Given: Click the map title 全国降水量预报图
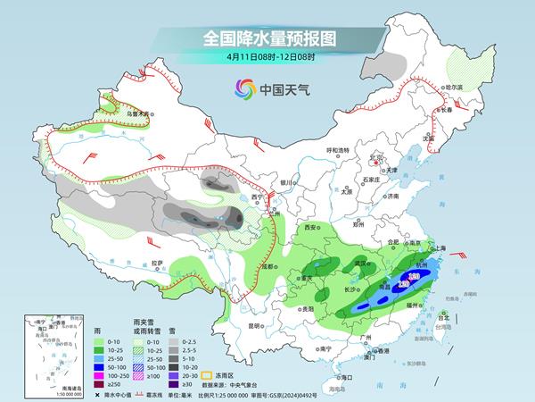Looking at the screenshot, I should (267, 38).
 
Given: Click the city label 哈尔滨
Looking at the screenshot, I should (456, 88).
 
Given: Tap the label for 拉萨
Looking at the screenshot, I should (158, 263).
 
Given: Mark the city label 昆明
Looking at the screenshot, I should (256, 325).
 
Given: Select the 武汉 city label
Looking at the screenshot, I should (361, 264).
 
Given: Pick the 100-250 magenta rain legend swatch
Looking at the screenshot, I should (62, 366).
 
